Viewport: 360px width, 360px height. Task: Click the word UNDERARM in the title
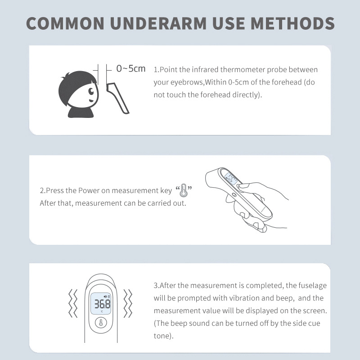tap(158, 23)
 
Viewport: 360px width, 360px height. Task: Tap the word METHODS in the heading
tap(292, 23)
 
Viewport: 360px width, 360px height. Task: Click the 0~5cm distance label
tap(131, 68)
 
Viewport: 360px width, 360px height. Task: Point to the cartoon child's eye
tap(91, 91)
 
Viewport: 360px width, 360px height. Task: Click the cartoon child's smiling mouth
tap(92, 100)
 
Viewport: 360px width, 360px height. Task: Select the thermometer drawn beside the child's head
tap(118, 98)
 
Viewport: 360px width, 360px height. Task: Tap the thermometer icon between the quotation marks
tap(183, 190)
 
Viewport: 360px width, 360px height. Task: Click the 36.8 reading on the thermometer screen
tap(103, 304)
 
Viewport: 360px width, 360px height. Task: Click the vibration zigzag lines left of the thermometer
tap(73, 303)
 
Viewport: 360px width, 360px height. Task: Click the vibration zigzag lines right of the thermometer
tap(128, 303)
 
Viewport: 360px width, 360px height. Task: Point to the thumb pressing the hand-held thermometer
tap(248, 186)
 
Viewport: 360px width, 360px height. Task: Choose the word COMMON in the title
tap(65, 23)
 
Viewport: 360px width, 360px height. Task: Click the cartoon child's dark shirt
tap(81, 112)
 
